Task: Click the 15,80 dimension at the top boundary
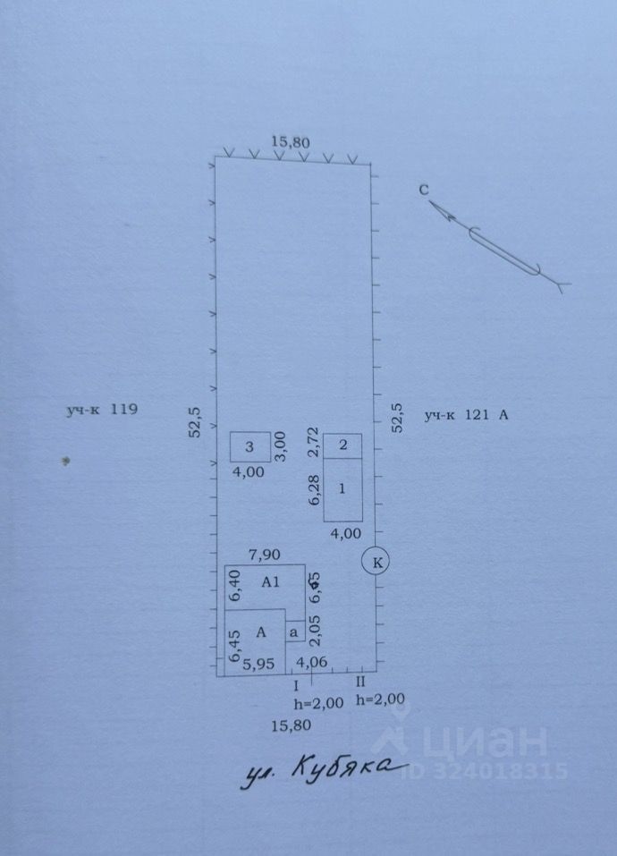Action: point(291,141)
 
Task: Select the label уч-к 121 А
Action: point(466,414)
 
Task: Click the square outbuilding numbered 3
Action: point(250,445)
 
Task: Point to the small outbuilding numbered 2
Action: point(342,445)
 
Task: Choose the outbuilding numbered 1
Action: point(342,488)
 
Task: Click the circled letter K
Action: point(376,562)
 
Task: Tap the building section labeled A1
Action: point(270,581)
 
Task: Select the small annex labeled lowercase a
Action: point(293,631)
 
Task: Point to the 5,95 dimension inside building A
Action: point(258,664)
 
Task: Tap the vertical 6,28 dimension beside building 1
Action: point(314,490)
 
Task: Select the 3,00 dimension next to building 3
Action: point(280,445)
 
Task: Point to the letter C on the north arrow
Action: point(424,190)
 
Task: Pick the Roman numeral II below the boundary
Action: point(361,683)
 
